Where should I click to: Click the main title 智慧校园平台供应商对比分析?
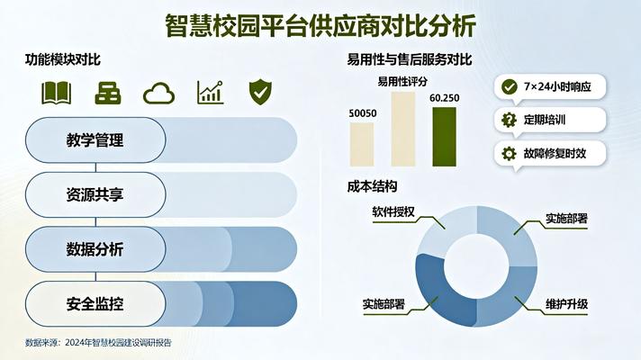(x=320, y=24)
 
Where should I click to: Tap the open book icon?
(x=56, y=92)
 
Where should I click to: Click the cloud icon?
(x=158, y=92)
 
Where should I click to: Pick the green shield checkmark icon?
(x=260, y=91)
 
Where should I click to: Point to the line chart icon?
(x=210, y=92)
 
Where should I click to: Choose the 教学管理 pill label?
(x=95, y=140)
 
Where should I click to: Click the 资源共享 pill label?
(x=95, y=193)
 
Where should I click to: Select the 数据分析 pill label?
(x=95, y=248)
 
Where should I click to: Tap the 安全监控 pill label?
(x=95, y=303)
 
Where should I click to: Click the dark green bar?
(x=445, y=136)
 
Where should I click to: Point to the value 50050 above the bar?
(x=363, y=113)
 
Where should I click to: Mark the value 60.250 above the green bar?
(x=445, y=97)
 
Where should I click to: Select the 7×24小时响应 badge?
(x=550, y=86)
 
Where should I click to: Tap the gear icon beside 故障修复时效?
(x=509, y=153)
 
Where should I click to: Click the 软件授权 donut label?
(x=393, y=212)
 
